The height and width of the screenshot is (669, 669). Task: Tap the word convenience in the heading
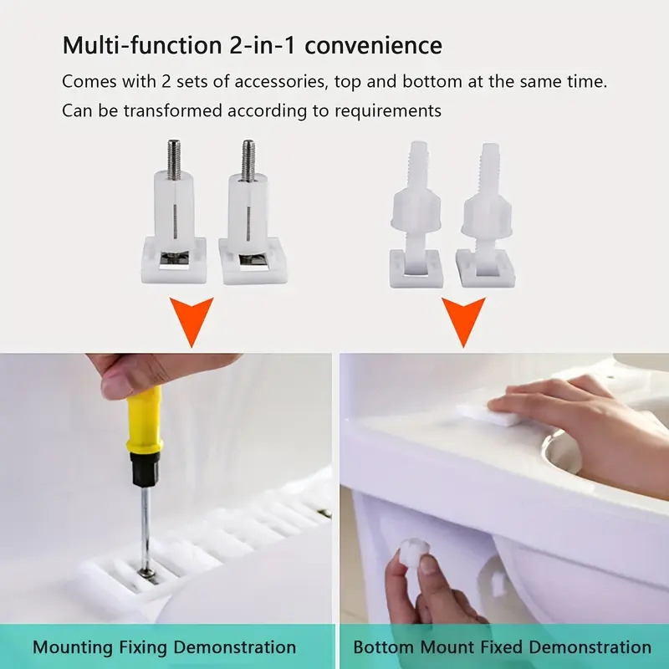point(373,45)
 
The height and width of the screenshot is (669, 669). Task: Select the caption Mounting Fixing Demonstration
point(164,647)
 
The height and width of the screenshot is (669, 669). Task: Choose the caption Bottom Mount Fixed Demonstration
point(502,647)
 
